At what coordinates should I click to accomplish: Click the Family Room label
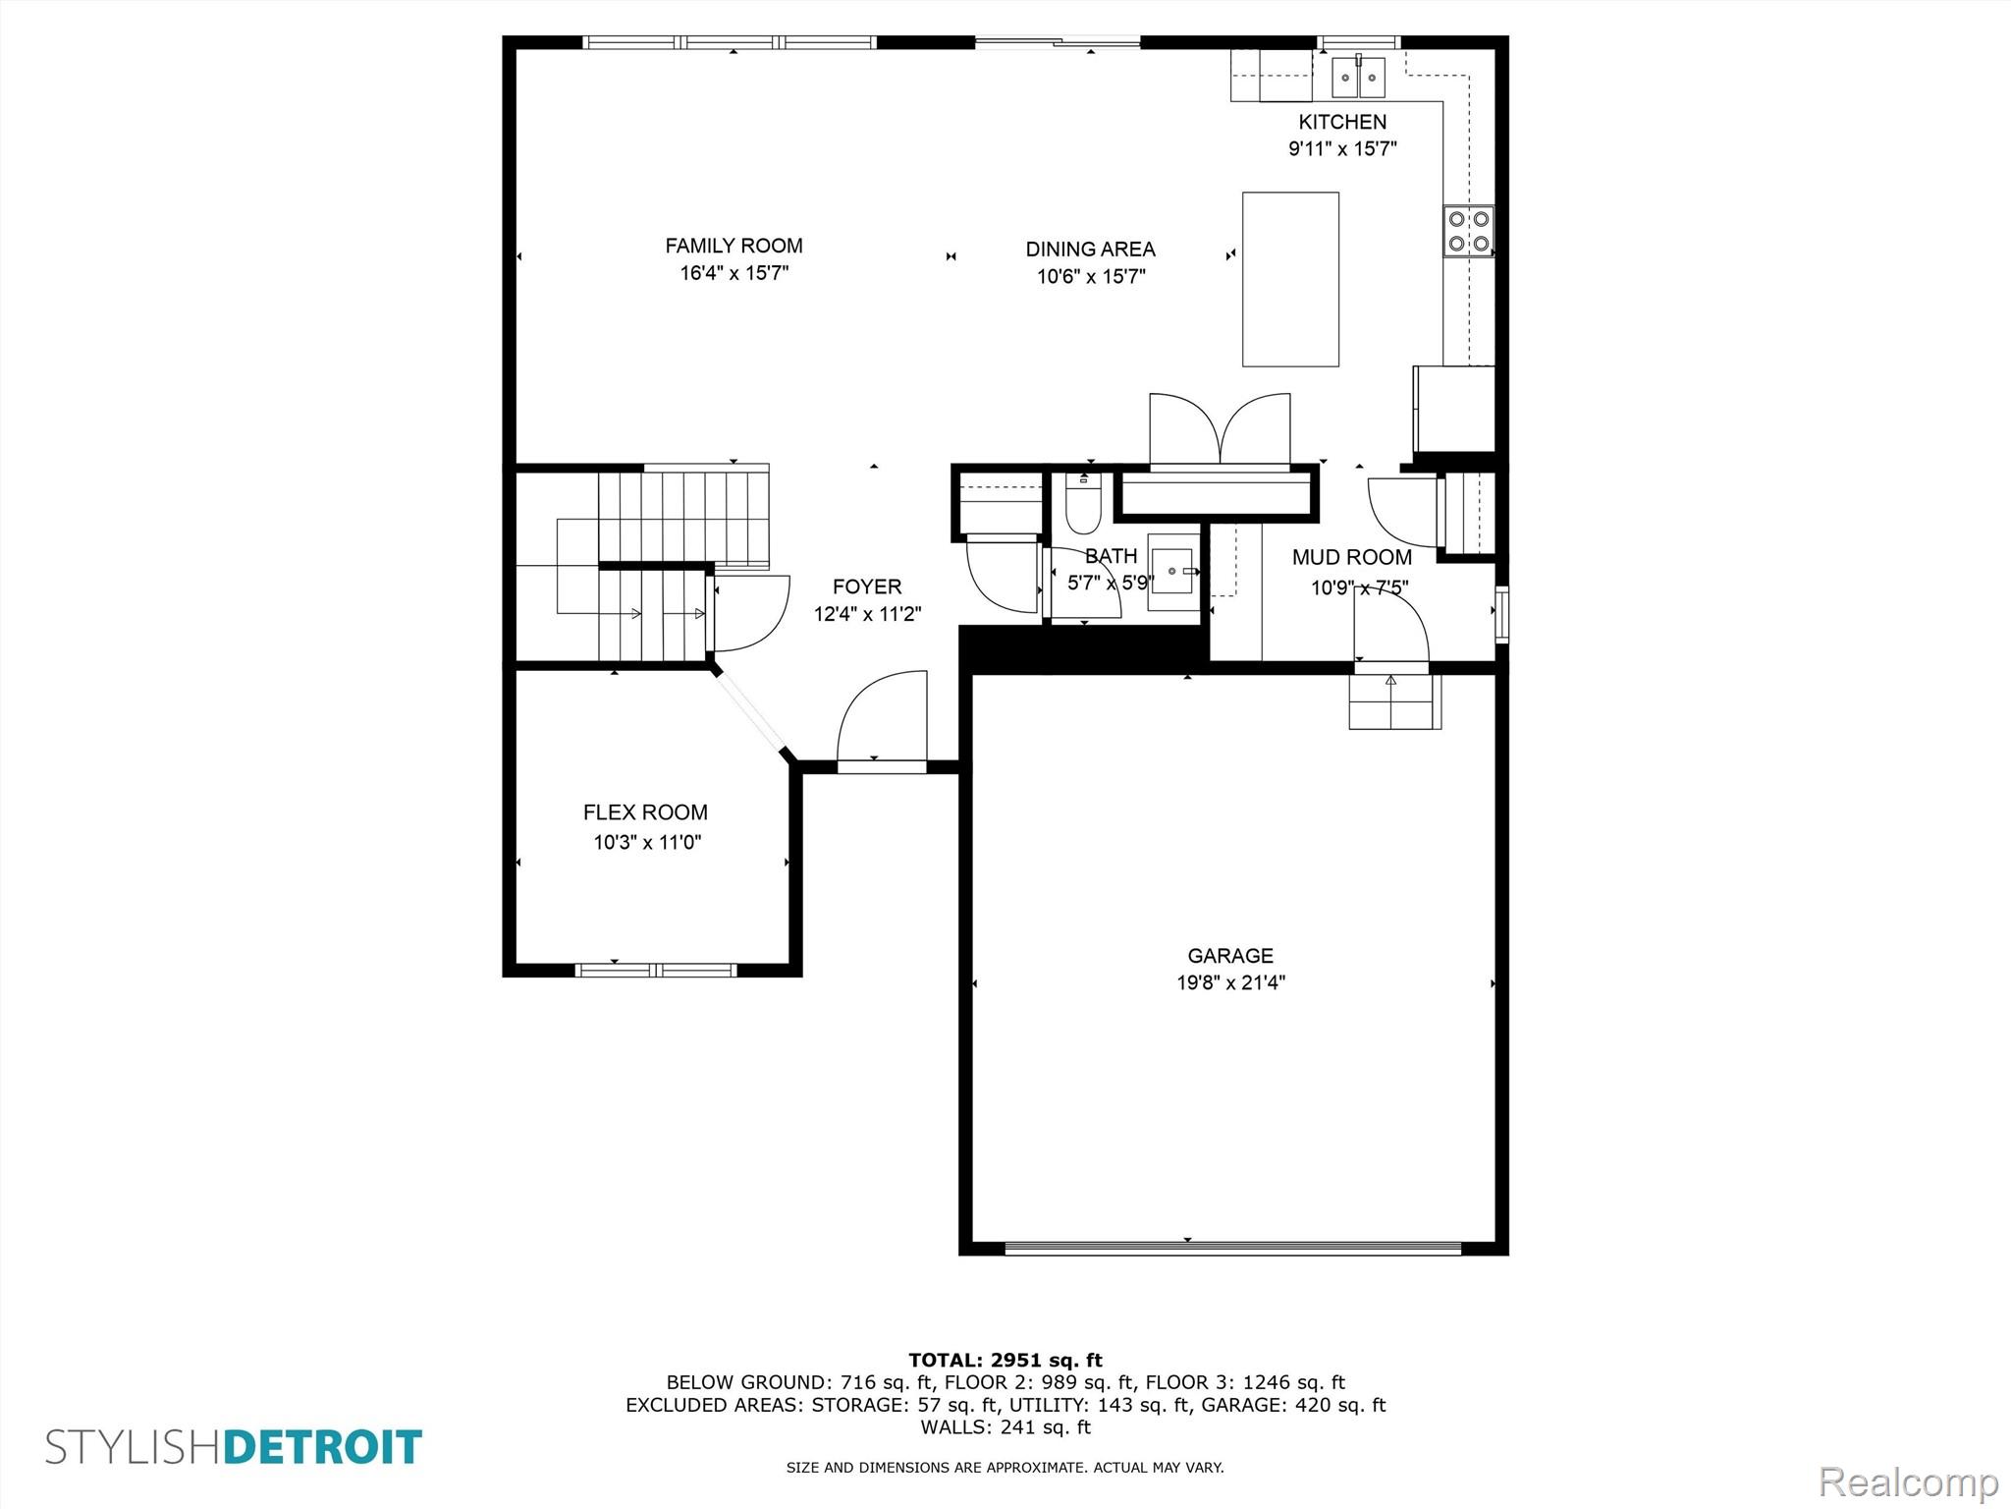pos(734,246)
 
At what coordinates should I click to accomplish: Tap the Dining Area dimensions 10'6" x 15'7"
pos(1091,277)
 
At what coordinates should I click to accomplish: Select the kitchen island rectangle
pos(1290,279)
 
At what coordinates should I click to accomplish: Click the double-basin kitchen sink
pos(1359,78)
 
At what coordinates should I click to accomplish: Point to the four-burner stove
pos(1468,231)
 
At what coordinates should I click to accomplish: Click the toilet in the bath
pos(1084,503)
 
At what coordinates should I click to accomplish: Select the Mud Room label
pos(1352,557)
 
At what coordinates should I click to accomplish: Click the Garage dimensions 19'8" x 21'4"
pos(1231,982)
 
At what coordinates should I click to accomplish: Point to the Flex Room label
pos(645,812)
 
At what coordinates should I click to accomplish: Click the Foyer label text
pos(867,587)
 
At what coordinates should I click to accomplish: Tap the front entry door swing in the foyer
pos(882,716)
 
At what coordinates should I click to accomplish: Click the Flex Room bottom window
pos(655,970)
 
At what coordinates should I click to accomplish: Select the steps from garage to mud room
pos(1394,701)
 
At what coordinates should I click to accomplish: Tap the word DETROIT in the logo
pos(324,1448)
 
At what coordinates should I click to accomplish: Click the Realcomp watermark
pos(1908,1481)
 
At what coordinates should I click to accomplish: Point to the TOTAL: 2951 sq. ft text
pos(1005,1361)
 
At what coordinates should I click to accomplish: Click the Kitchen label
pos(1342,122)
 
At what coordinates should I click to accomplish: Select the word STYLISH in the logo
pos(135,1448)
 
